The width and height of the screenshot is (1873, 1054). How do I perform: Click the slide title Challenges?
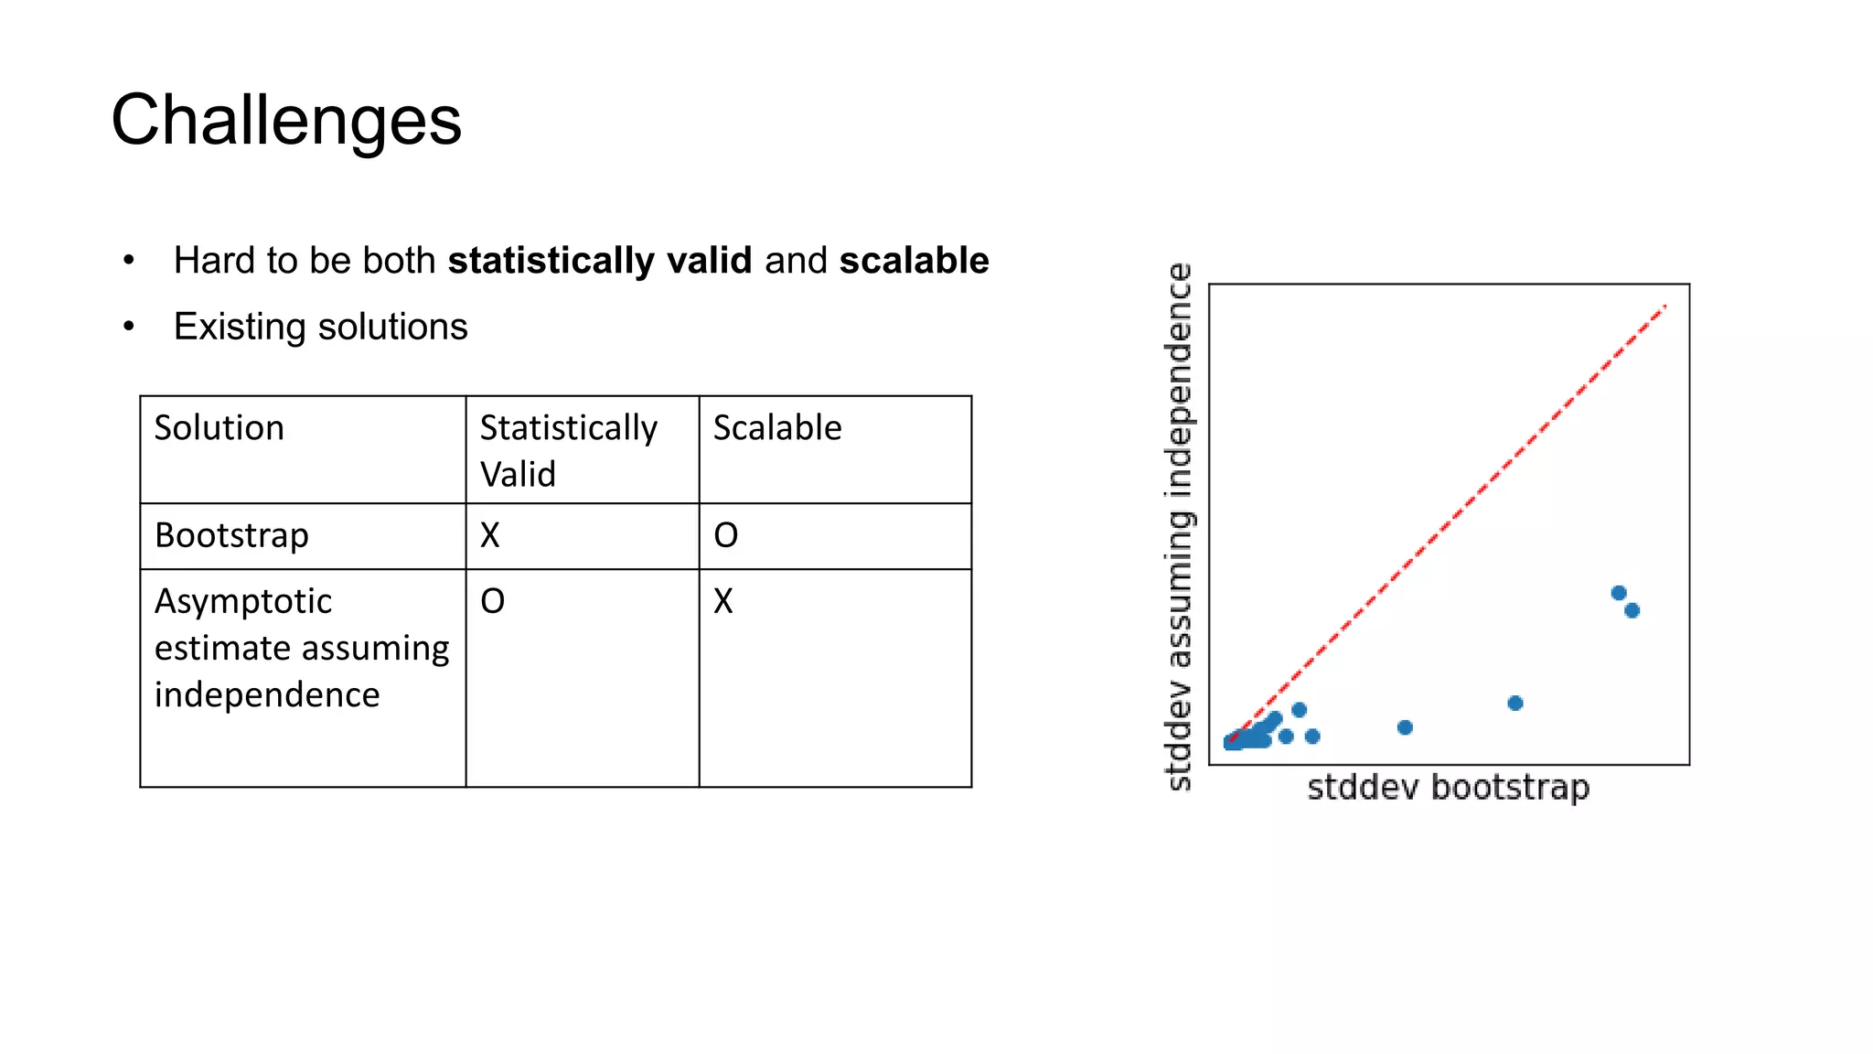(x=286, y=121)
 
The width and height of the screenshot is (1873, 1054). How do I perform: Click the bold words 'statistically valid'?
(x=600, y=261)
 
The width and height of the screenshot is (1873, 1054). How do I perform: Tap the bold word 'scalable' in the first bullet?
(x=914, y=261)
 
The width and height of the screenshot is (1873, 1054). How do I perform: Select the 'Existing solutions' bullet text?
(x=320, y=327)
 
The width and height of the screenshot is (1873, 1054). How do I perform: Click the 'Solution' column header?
(x=219, y=428)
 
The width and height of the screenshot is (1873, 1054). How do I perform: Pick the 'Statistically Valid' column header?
(x=568, y=450)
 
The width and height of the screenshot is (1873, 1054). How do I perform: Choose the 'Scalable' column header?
(x=777, y=428)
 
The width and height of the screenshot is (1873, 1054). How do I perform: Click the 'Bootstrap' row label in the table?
(x=231, y=535)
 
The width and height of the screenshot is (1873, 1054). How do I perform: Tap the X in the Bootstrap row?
(x=490, y=535)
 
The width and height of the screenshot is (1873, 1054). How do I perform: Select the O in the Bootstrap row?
(x=725, y=535)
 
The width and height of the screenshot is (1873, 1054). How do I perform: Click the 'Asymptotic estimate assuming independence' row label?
(x=301, y=648)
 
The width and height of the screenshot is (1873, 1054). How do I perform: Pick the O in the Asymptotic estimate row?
(x=492, y=601)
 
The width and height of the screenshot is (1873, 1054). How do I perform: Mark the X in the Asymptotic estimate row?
(x=723, y=601)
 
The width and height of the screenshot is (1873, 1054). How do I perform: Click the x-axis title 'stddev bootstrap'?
(x=1449, y=787)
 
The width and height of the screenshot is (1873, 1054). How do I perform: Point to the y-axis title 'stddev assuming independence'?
(x=1180, y=526)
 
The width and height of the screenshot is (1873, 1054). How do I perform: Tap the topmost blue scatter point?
(x=1619, y=593)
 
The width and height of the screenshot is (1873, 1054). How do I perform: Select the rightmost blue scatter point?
(x=1632, y=610)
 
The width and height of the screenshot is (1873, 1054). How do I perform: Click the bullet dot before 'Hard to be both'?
(x=129, y=261)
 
